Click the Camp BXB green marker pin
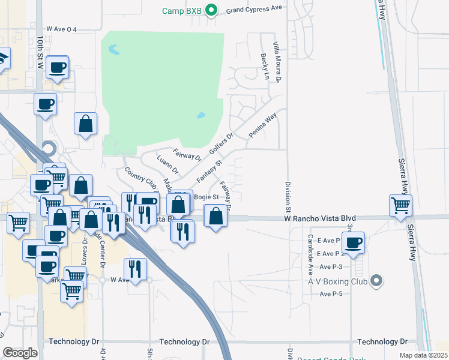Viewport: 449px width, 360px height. click(x=211, y=10)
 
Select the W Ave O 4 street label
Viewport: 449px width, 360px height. click(x=70, y=29)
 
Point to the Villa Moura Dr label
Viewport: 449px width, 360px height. click(x=277, y=62)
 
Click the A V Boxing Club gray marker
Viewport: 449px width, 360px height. click(x=376, y=280)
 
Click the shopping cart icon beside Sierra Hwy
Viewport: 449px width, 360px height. click(x=400, y=205)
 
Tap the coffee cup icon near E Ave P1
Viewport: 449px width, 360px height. click(x=354, y=242)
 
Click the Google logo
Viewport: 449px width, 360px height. click(x=20, y=353)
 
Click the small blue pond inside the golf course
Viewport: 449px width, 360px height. click(x=200, y=115)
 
